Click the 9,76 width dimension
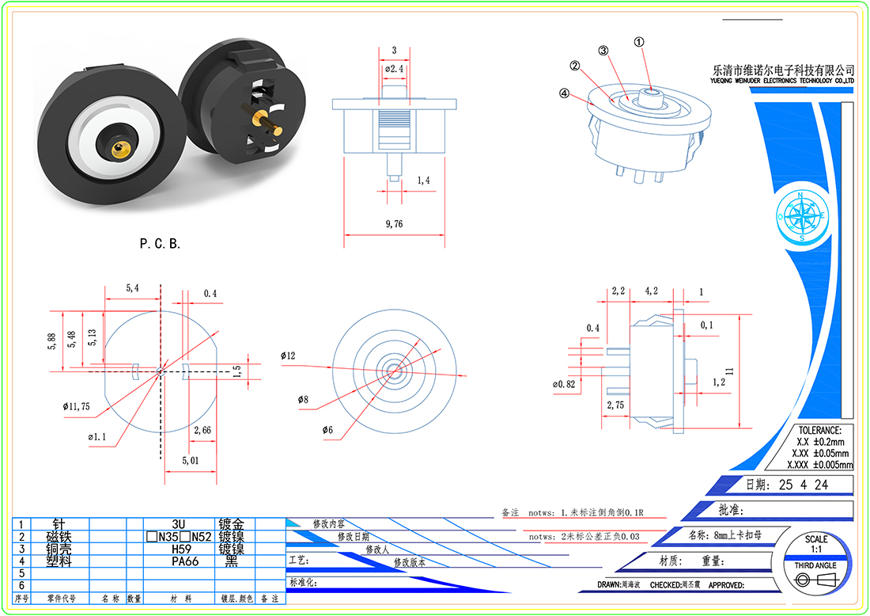pos(394,225)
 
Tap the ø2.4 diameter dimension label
pos(395,69)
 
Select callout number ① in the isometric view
pos(639,42)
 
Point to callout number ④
pos(564,93)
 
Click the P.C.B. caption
pos(161,244)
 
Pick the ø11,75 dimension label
pos(77,406)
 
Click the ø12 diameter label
pos(287,356)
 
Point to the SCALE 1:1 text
pos(816,544)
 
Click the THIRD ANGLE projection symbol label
pos(815,565)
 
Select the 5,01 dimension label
pos(190,460)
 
